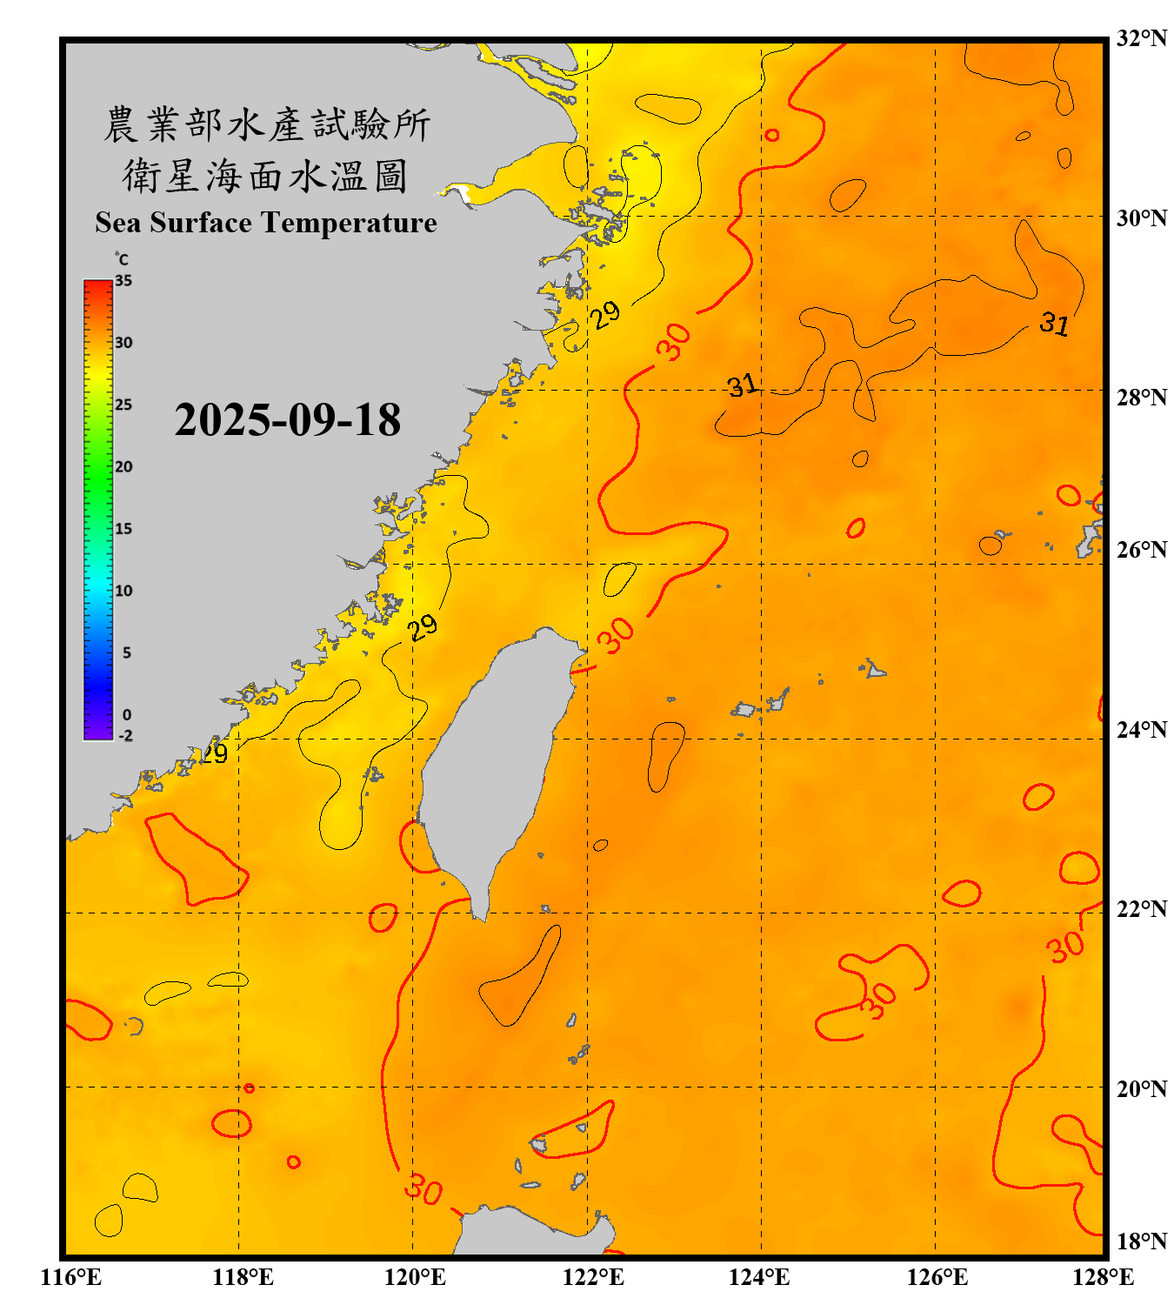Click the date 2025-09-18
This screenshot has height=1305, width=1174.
coord(287,420)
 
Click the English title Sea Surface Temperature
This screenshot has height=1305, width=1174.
coord(266,223)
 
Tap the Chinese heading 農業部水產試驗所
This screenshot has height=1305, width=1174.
coord(267,124)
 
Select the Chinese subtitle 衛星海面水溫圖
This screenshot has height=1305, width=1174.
coord(265,176)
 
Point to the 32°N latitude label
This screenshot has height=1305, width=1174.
coord(1141,38)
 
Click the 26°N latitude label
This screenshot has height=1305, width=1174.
coord(1141,550)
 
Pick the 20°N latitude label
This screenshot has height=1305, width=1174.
coord(1141,1088)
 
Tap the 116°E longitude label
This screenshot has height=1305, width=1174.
coord(70,1277)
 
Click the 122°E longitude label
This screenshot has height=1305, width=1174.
coord(593,1277)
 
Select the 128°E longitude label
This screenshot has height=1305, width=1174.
coord(1103,1277)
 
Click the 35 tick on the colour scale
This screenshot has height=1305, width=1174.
coord(123,281)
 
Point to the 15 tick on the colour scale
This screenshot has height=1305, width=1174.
coord(123,529)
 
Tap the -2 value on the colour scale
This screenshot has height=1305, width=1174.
coord(125,735)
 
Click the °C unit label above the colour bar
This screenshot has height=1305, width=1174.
coord(122,259)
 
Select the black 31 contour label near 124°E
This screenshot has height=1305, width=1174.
coord(742,385)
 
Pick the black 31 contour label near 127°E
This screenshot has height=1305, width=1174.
coord(1054,324)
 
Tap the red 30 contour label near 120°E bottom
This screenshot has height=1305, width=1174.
coord(424,1188)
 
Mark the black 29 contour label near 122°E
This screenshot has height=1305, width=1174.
coord(605,314)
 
